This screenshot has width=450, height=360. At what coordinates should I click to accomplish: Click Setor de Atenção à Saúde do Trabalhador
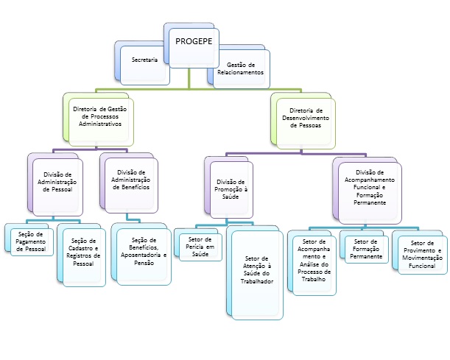258,269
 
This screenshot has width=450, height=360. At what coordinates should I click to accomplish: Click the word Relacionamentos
240,74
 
